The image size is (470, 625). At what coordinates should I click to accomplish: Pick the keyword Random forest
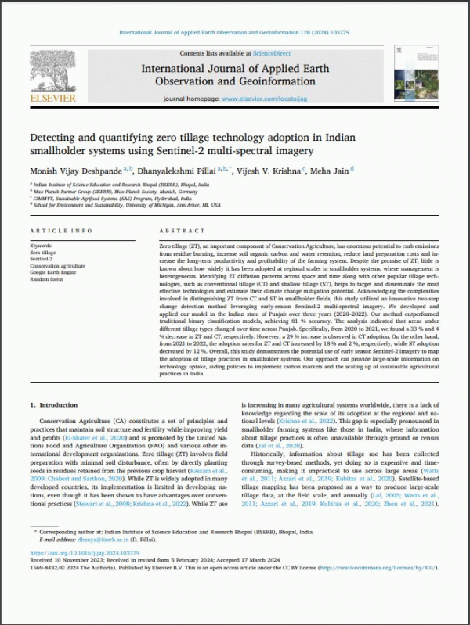coord(45,279)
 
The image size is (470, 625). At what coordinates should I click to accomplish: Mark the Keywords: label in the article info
coord(42,246)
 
